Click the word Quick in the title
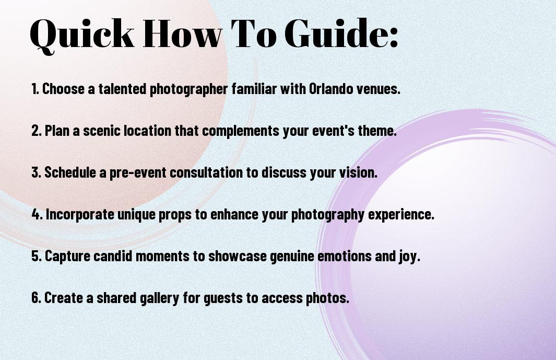[81, 34]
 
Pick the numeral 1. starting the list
[35, 89]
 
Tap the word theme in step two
[379, 131]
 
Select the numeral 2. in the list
[36, 131]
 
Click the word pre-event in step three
[138, 172]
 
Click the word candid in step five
[110, 256]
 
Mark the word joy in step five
[409, 257]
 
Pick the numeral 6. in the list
[36, 298]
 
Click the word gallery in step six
[158, 298]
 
